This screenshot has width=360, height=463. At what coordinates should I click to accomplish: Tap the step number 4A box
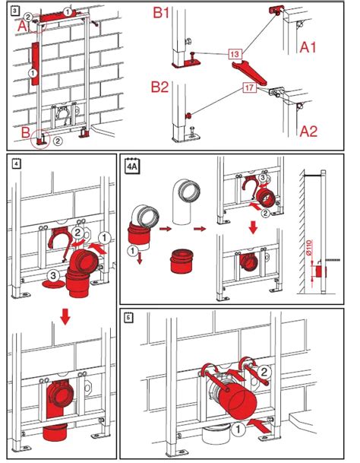coord(131,163)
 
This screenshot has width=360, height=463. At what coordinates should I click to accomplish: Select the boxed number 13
coord(235,54)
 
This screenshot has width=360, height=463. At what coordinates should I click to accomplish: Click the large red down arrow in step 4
coord(66,315)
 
